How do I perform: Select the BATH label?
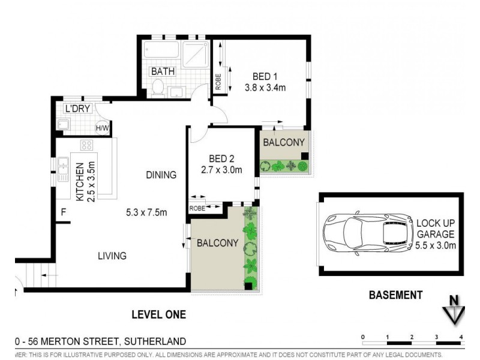163,71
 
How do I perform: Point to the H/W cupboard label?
102,127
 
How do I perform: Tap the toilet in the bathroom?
158,88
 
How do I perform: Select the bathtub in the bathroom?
161,49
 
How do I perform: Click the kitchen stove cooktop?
86,145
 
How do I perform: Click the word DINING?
161,175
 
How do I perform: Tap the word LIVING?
112,256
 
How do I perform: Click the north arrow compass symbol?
455,311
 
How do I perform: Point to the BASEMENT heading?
395,295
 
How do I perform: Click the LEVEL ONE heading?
158,314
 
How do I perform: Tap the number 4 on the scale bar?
461,336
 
